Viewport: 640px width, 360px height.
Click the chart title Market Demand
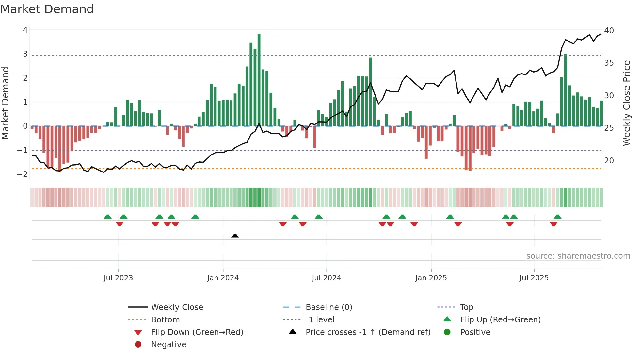coord(47,9)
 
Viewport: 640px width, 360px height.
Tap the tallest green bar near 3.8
coord(259,80)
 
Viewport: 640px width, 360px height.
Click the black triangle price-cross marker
coord(235,236)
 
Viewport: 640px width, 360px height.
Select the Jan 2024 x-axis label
coord(223,278)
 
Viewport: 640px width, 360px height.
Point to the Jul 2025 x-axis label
coord(534,278)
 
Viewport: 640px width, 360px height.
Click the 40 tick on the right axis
coord(609,31)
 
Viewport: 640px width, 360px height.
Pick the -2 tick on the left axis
coord(23,174)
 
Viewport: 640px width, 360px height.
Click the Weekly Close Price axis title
coord(626,103)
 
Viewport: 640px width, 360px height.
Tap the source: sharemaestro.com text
coord(578,256)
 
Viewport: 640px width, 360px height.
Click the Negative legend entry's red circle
coord(138,345)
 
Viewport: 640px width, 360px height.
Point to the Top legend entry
coord(466,307)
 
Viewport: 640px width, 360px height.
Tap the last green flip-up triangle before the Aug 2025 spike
coord(557,217)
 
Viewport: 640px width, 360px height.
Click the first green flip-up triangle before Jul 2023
coord(107,217)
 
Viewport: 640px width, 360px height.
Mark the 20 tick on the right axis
coord(609,161)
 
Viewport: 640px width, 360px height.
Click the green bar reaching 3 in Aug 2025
coord(566,90)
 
